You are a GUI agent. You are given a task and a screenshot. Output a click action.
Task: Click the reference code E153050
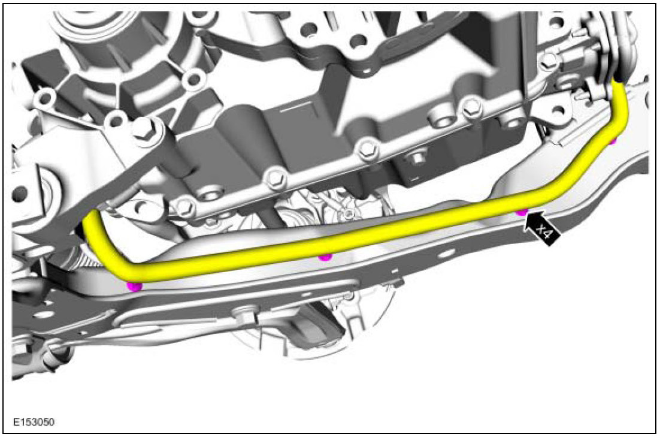pyautogui.click(x=34, y=422)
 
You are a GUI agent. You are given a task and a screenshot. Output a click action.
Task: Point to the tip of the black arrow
pyautogui.click(x=525, y=213)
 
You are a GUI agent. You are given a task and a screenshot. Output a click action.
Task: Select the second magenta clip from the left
pyautogui.click(x=325, y=256)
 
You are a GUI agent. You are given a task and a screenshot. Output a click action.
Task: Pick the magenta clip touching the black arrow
pyautogui.click(x=522, y=212)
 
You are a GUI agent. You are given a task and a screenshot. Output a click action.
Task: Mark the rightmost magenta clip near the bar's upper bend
pyautogui.click(x=613, y=141)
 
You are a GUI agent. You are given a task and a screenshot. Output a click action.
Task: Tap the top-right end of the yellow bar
pyautogui.click(x=618, y=85)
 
